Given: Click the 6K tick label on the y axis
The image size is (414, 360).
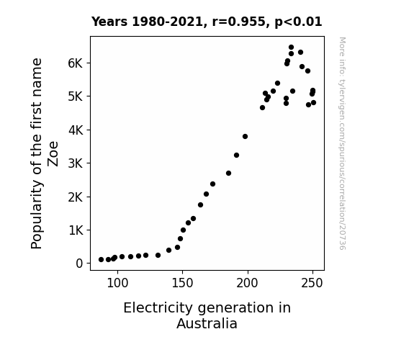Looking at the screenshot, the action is [x=76, y=63].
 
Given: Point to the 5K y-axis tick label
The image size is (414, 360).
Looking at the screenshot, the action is [x=76, y=96].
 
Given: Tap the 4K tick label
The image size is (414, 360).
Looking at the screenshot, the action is [x=76, y=130].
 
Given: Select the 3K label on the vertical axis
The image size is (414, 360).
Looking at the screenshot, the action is [x=76, y=163].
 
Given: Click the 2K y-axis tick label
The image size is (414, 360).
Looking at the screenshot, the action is [x=76, y=197].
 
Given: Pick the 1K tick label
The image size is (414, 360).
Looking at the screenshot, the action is [x=76, y=230].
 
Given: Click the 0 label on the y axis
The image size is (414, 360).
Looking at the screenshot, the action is [x=79, y=264].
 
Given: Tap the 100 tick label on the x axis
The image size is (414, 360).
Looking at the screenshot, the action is [x=117, y=284].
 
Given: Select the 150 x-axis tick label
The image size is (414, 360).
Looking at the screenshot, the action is [x=182, y=284].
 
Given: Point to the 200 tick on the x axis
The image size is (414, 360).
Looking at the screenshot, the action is [x=247, y=284].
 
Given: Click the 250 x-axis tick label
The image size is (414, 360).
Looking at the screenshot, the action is [x=312, y=284].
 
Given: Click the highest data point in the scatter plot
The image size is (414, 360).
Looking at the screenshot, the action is [x=291, y=48].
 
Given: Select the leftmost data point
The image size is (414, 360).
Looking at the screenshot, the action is [x=101, y=260].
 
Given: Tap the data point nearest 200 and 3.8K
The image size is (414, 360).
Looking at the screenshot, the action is [x=245, y=137].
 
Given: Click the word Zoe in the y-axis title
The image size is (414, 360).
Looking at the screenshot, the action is [x=53, y=154].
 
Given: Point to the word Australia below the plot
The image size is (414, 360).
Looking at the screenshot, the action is [x=207, y=324].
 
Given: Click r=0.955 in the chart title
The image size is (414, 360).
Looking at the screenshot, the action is [x=239, y=22].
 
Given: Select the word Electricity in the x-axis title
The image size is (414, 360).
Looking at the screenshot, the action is [x=158, y=308].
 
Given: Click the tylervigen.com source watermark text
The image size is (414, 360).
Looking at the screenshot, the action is [x=342, y=143].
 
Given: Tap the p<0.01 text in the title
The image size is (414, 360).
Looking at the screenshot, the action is [x=298, y=22].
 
